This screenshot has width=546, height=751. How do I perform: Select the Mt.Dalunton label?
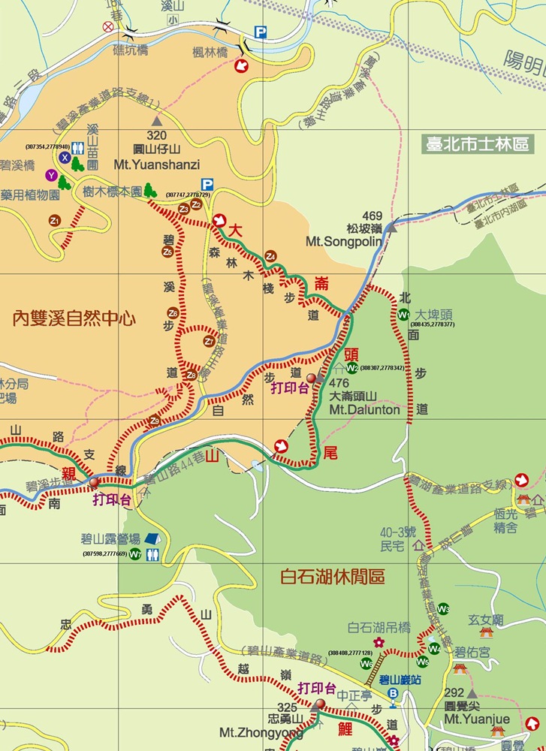[x=365, y=410]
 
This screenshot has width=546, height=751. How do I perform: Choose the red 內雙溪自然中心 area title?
[x=74, y=318]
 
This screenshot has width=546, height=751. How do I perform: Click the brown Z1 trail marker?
[x=54, y=220]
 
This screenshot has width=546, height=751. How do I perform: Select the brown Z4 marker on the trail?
[x=271, y=257]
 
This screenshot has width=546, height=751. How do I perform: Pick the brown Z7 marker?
[x=209, y=341]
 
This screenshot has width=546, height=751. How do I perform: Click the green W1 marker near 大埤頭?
[x=404, y=315]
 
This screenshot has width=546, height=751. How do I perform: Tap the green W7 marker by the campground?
[x=135, y=555]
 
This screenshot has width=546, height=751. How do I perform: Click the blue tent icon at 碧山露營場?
[x=152, y=538]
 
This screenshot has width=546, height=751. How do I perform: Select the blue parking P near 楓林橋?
[x=260, y=32]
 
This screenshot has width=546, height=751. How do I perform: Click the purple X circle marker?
[x=65, y=158]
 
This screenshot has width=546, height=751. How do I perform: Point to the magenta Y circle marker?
[x=51, y=175]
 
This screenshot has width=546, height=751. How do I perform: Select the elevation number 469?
[x=373, y=216]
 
